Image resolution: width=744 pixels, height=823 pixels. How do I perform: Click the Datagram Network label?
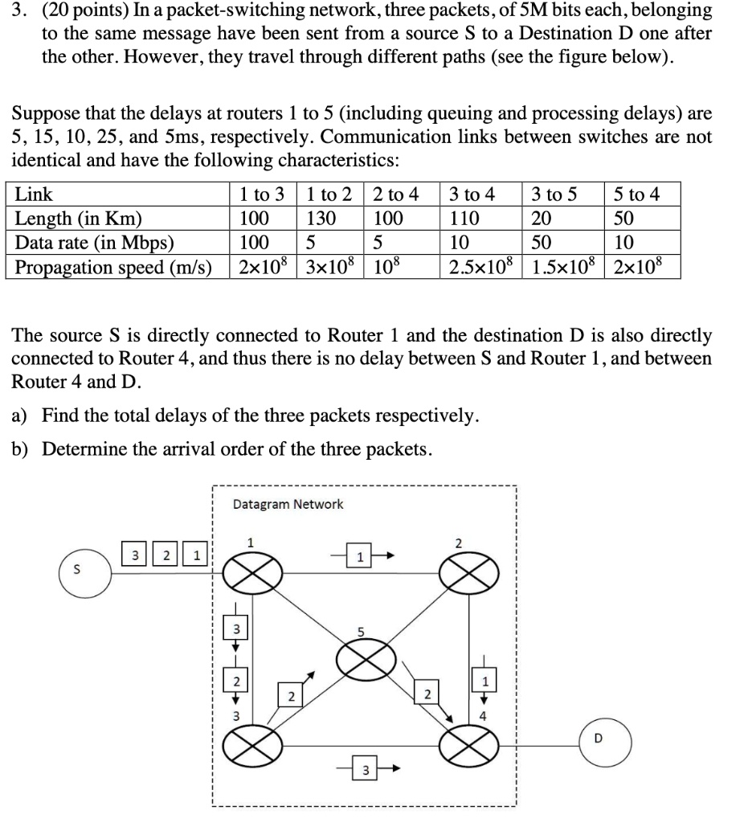point(288,505)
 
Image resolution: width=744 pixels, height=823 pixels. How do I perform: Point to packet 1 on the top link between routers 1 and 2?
point(361,556)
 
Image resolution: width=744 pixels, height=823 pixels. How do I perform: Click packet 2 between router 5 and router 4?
point(427,694)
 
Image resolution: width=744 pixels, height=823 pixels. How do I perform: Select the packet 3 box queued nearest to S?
point(136,555)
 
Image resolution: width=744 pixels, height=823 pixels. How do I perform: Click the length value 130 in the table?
point(319,219)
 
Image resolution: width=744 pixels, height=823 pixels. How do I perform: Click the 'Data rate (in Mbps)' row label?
point(95,243)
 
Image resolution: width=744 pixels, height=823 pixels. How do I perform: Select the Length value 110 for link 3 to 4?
point(464,219)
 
